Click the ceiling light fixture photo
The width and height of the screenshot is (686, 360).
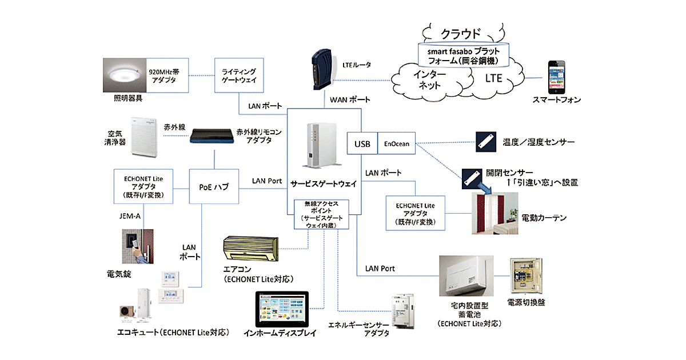point(125,75)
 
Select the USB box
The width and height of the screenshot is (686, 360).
point(362,143)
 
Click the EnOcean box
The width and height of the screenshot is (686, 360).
point(397,143)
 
